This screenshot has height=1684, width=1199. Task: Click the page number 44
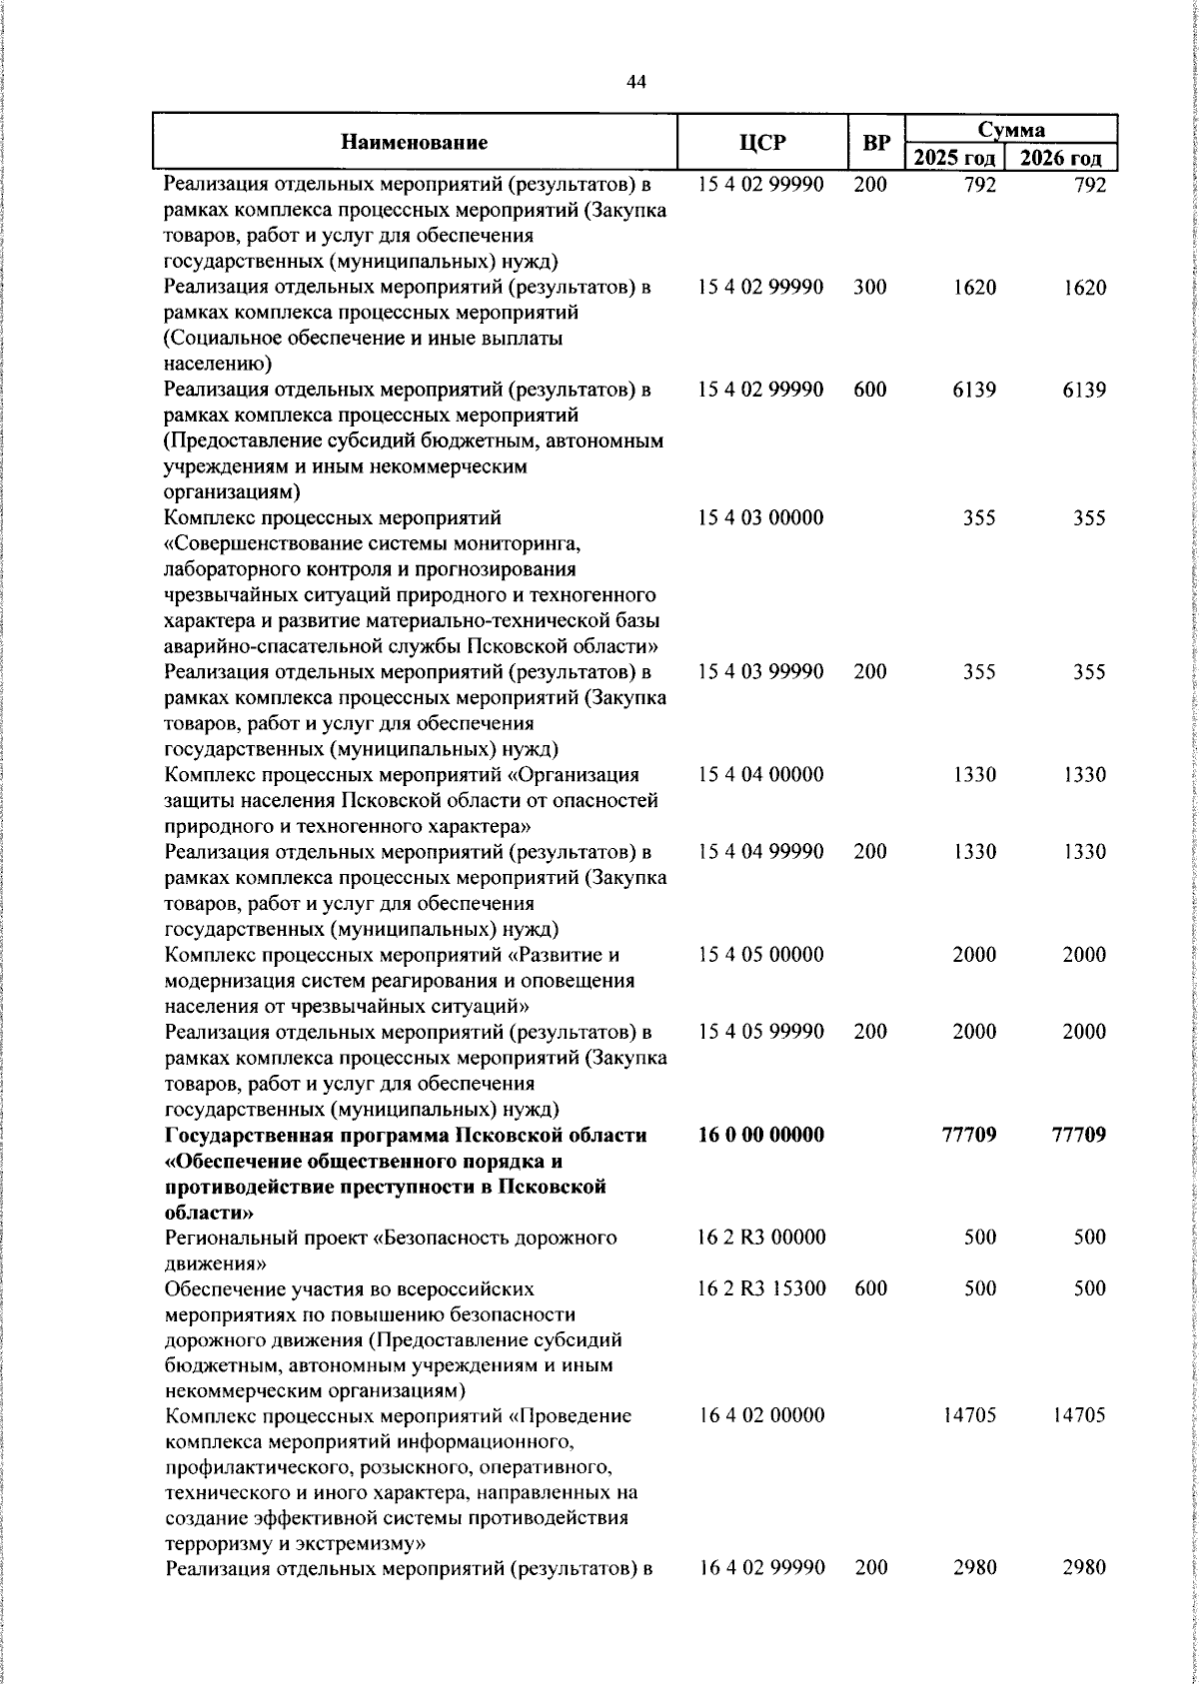[x=636, y=82]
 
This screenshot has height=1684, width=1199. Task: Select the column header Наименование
[x=414, y=143]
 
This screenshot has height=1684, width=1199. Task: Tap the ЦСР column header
[x=761, y=143]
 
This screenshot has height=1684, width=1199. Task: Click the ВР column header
[x=875, y=143]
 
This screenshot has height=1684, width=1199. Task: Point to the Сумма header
[x=1011, y=129]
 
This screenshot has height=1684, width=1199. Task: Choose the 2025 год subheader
[x=955, y=158]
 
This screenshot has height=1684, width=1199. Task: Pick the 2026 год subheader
[x=1061, y=158]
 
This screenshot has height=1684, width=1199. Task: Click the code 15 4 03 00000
[x=761, y=518]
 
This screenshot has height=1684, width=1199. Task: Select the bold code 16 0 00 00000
[x=761, y=1135]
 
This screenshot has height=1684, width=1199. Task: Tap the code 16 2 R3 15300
[x=761, y=1288]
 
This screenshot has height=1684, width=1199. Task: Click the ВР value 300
[x=870, y=288]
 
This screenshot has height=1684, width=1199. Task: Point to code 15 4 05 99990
[x=761, y=1032]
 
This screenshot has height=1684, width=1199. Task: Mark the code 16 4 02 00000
[x=761, y=1415]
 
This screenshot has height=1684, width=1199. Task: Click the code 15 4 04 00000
[x=761, y=775]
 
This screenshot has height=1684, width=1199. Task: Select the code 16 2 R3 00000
[x=761, y=1238]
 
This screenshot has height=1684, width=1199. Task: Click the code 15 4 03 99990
[x=761, y=672]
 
